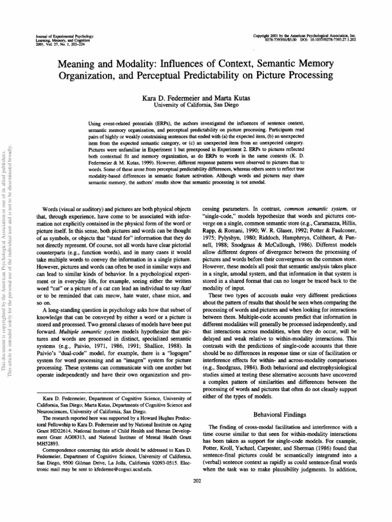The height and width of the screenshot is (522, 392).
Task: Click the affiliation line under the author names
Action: tap(197, 105)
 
